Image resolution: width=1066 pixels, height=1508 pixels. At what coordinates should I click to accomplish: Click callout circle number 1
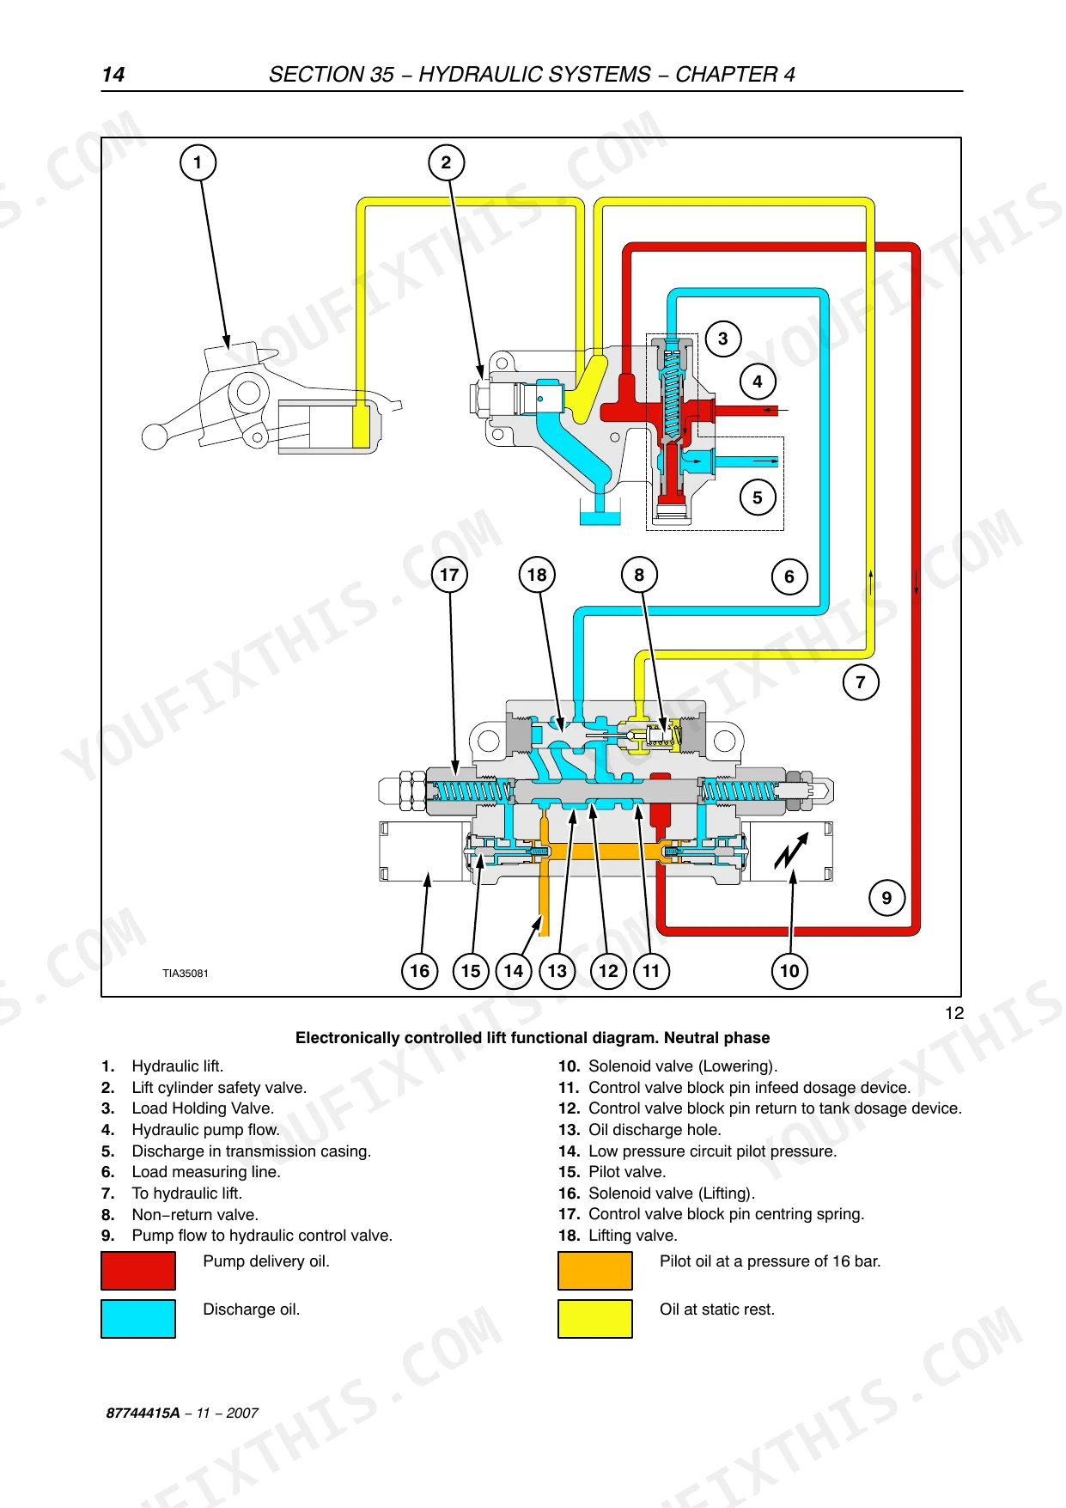click(x=198, y=162)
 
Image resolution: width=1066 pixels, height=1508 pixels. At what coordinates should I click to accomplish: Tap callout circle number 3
click(x=723, y=339)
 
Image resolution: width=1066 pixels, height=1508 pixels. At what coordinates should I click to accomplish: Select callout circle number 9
click(x=886, y=898)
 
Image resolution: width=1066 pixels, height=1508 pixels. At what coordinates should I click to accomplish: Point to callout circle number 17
click(x=449, y=574)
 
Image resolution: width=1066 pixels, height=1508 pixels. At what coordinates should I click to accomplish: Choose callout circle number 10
click(x=789, y=971)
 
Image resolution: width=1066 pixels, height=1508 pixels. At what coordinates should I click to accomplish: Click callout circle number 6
click(x=789, y=577)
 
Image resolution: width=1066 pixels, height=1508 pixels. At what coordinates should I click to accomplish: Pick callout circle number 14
click(x=514, y=971)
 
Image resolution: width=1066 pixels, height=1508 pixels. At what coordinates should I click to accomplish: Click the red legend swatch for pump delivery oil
click(x=138, y=1270)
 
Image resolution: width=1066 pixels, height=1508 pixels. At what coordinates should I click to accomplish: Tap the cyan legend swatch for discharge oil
click(x=138, y=1318)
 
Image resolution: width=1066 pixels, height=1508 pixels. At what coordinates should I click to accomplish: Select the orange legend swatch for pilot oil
click(x=595, y=1270)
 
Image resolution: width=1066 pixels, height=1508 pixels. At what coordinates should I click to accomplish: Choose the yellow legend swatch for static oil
click(x=595, y=1318)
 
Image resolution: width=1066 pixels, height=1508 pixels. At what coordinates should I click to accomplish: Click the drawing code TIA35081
click(x=186, y=974)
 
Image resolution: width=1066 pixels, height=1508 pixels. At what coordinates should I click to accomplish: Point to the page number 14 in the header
click(x=113, y=75)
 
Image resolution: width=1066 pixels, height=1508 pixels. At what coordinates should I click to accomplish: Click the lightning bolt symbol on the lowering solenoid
click(x=791, y=851)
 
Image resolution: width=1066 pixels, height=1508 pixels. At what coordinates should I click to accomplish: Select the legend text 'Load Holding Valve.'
click(x=203, y=1108)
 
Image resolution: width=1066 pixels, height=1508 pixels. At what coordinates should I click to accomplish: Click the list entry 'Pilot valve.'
click(x=627, y=1172)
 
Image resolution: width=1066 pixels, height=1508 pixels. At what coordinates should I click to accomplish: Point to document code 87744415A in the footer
click(x=143, y=1413)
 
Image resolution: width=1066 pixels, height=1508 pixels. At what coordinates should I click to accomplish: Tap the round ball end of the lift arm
click(x=155, y=437)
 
